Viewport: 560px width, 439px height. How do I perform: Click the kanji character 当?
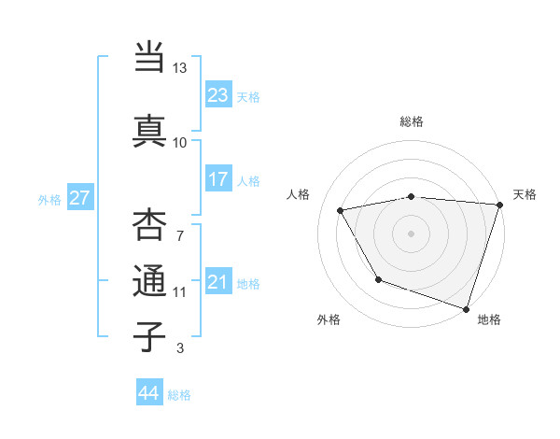[149, 57]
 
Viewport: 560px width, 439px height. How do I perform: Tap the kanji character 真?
[149, 130]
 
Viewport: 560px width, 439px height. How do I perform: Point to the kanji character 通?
[149, 281]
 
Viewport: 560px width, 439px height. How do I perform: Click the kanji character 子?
[149, 335]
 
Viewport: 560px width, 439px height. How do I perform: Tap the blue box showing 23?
[218, 94]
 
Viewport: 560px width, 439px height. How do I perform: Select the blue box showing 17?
[218, 178]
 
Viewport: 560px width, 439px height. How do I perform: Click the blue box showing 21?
[218, 282]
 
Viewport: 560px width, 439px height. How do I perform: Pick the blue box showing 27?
[79, 198]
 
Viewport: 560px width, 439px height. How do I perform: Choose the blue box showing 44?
[149, 393]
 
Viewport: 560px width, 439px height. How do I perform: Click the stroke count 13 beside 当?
[179, 68]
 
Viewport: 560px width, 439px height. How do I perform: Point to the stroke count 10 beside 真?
[179, 142]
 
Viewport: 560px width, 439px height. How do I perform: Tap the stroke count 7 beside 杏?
[179, 235]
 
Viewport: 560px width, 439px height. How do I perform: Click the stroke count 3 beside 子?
[179, 348]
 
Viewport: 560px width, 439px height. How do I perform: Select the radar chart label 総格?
[412, 121]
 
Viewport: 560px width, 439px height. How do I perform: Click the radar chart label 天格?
[525, 194]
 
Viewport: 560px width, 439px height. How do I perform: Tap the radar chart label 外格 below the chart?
[329, 319]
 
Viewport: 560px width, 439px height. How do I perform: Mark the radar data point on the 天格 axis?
[499, 205]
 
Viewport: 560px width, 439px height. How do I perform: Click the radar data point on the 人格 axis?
[341, 211]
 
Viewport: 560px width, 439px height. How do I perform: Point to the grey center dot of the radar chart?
[412, 233]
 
